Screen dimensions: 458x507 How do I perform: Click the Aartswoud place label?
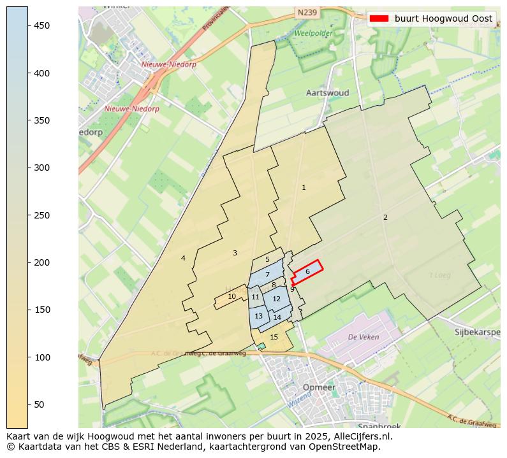327,93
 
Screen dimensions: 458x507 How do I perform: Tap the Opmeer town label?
319,387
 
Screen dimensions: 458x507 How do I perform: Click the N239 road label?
307,12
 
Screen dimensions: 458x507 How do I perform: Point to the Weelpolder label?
313,32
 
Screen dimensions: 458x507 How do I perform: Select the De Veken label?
364,337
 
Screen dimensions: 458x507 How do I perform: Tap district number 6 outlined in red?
307,271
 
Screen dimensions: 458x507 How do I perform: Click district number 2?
385,218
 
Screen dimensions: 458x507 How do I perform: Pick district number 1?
304,187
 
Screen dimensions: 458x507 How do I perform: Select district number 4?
183,258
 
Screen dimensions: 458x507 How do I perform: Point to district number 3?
235,253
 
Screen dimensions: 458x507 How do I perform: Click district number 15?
274,337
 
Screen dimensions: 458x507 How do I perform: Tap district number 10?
232,296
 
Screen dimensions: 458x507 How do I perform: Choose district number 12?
276,299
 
